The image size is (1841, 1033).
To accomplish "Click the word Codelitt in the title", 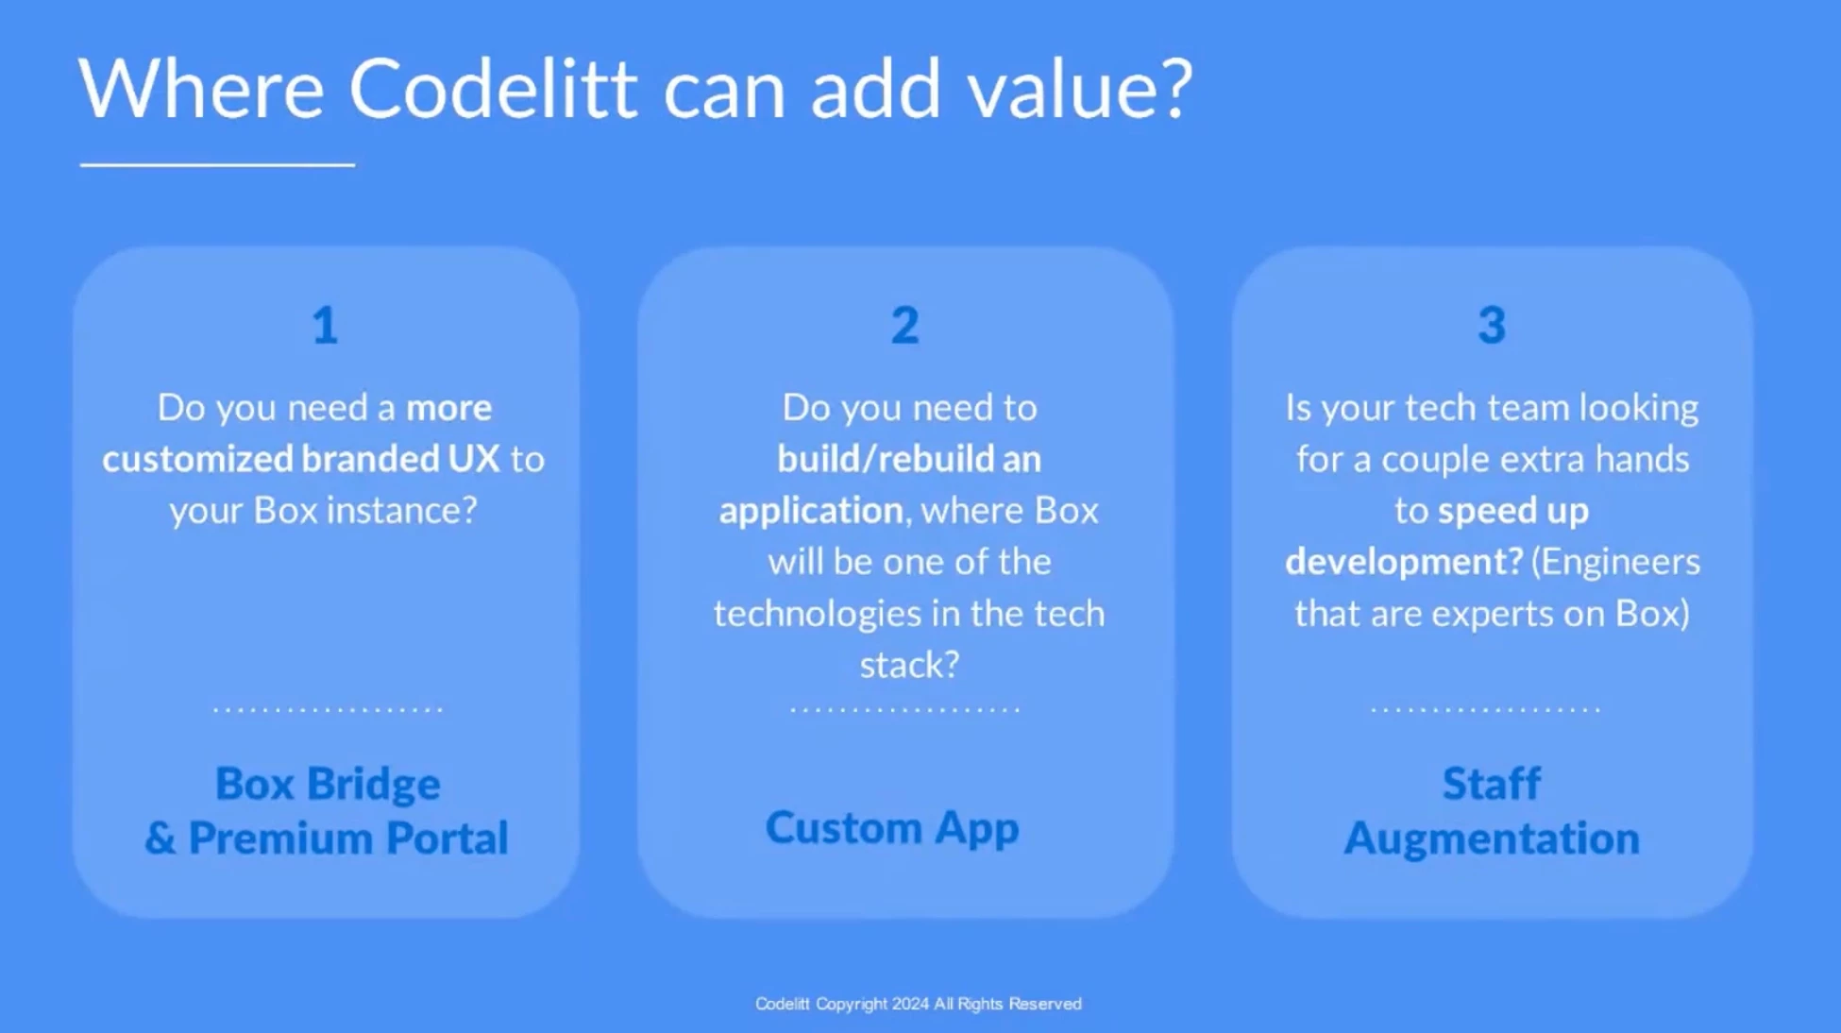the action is pos(493,88).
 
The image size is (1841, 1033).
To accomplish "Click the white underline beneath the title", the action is pos(217,164).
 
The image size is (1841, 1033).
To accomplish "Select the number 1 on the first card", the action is pos(325,325).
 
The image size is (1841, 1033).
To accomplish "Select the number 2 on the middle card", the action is pos(904,325).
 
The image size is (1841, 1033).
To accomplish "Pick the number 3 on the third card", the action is pos(1492,325).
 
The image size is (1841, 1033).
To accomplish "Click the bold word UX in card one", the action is pos(474,459).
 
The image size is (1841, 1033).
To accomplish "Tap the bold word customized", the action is pos(197,459).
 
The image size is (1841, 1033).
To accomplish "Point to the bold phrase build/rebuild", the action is pos(886,459).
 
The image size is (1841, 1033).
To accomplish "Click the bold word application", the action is pos(811,511).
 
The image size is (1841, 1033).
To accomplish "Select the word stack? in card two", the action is pos(909,665).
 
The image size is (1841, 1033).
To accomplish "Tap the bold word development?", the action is pos(1404,562).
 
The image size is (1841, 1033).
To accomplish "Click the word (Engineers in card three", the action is pos(1615,562).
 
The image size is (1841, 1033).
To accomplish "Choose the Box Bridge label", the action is pos(328,784).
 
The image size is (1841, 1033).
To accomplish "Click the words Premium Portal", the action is pos(348,838).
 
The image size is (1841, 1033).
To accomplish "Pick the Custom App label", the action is pos(892,828).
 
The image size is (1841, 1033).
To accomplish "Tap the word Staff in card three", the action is pos(1492,784).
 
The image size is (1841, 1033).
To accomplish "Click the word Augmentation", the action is pos(1492,838).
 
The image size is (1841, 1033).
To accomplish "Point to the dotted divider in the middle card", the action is pos(904,708).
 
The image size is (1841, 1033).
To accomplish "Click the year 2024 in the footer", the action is pos(910,1004).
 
